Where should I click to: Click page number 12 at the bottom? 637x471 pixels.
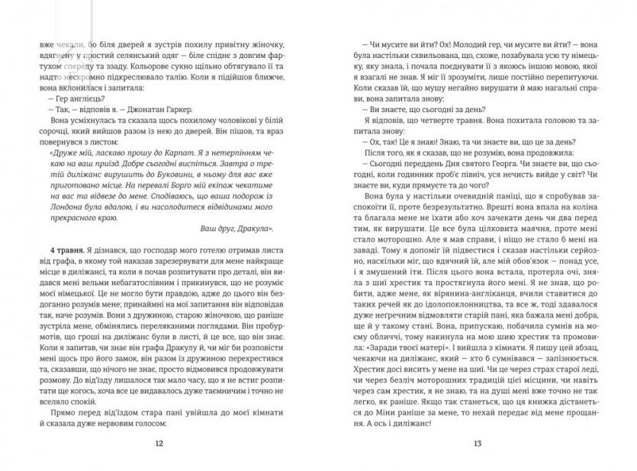click(159, 444)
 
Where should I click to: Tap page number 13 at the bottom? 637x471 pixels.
click(478, 444)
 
